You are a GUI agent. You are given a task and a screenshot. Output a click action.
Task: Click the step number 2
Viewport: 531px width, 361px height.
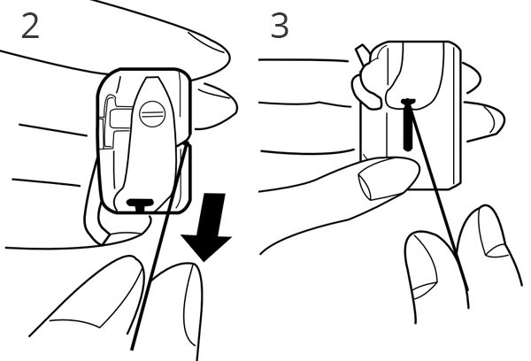30,26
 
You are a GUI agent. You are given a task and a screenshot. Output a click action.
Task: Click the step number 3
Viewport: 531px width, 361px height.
280,26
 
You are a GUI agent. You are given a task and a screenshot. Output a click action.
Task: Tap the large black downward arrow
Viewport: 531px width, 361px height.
207,227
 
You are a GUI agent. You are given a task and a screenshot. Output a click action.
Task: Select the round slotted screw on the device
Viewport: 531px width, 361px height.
152,114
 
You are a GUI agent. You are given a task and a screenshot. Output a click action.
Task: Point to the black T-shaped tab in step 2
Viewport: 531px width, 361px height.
140,204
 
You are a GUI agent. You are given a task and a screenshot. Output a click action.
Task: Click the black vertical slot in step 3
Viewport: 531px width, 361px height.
408,125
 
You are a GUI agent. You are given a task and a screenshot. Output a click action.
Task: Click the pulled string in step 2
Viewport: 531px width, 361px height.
158,245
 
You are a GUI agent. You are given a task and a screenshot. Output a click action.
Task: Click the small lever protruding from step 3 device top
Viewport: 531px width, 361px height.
362,54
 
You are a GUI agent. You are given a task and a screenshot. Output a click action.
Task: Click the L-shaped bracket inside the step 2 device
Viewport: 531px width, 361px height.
115,122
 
